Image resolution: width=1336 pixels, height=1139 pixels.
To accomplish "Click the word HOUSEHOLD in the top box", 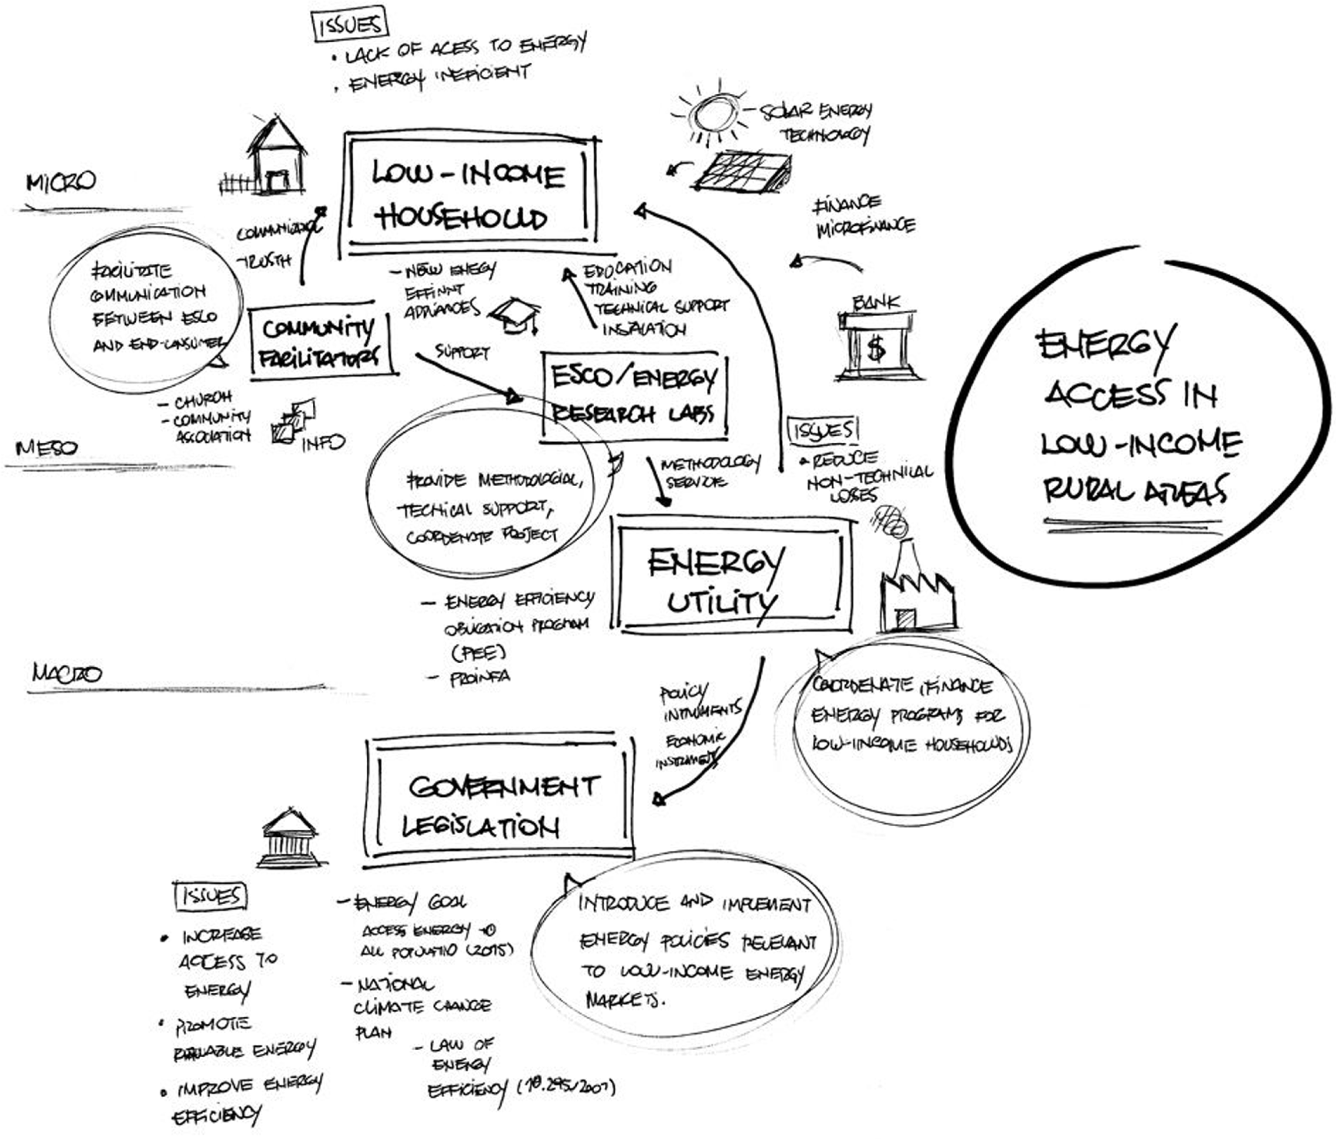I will [x=462, y=218].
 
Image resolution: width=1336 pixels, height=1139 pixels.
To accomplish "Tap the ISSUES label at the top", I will [x=350, y=26].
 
